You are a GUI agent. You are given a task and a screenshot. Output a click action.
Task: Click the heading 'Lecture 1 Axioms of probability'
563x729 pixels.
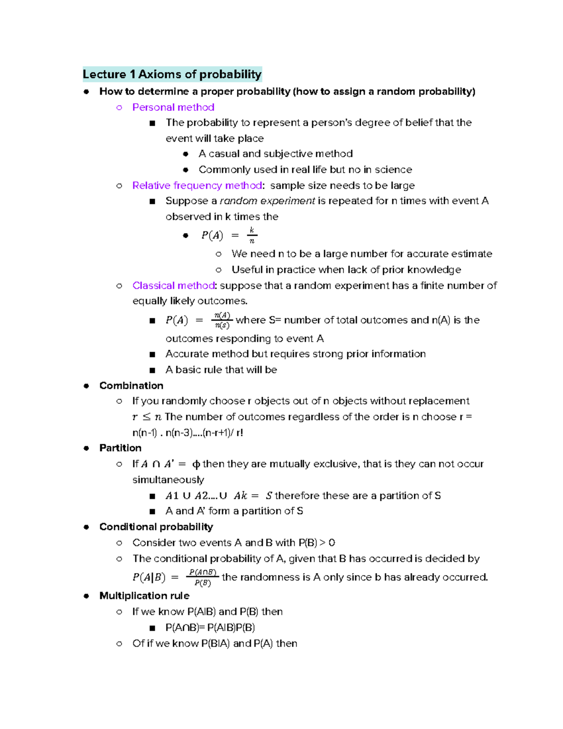[172, 74]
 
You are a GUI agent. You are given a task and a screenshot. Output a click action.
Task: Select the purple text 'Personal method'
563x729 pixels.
[173, 107]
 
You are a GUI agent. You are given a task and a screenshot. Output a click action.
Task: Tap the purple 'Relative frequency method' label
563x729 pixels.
[197, 185]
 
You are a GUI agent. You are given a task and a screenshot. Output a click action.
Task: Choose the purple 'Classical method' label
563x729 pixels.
[173, 285]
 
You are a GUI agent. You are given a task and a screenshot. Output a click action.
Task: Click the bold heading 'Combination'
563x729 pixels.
[131, 385]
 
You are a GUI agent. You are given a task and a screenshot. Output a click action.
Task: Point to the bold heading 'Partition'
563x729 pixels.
[120, 448]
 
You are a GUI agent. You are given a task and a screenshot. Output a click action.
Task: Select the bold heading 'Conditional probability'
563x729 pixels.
[156, 527]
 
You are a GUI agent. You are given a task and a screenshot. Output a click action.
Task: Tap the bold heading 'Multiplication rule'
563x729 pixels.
[145, 596]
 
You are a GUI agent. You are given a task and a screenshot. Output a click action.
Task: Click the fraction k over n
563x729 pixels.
[252, 235]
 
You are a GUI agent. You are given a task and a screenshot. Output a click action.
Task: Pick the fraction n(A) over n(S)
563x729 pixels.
[222, 320]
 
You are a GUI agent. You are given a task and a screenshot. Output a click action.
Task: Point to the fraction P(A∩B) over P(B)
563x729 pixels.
[203, 577]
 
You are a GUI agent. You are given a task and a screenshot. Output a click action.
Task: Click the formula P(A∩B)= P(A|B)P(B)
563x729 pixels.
[210, 628]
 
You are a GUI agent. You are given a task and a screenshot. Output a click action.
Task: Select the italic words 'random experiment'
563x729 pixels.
[267, 201]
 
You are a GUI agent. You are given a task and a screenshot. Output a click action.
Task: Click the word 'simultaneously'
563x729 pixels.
[168, 480]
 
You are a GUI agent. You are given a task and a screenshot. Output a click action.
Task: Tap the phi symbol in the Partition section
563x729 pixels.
[196, 464]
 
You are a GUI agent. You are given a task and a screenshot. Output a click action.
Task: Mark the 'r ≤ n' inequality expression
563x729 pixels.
[147, 417]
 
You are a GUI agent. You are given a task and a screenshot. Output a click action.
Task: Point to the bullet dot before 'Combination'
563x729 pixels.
[86, 386]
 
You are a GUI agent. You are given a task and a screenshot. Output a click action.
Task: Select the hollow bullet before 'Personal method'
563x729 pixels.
[119, 107]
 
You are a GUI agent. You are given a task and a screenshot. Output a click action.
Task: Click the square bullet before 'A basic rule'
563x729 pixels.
[152, 370]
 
